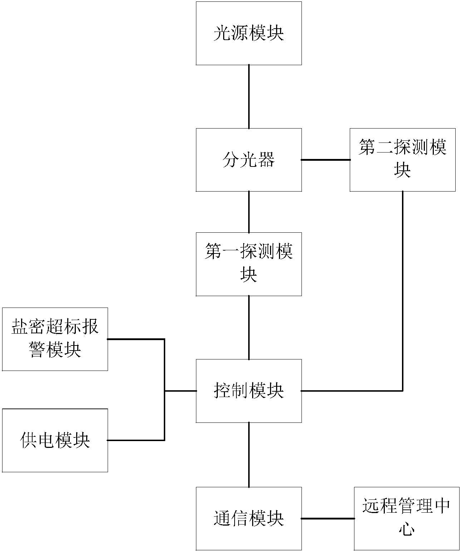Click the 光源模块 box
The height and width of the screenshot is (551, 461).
tap(249, 33)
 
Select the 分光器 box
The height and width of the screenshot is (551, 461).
tap(249, 160)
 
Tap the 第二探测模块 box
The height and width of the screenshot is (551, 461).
tap(402, 160)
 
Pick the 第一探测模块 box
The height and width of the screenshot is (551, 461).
tap(249, 264)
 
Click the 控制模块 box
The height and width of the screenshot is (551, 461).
tap(249, 391)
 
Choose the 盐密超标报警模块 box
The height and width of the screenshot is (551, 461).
tap(55, 339)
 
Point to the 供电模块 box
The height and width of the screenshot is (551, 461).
tap(55, 440)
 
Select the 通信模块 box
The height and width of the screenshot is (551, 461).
tap(249, 518)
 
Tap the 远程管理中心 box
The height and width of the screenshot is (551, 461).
tap(406, 518)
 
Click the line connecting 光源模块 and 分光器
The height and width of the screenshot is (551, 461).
tap(249, 97)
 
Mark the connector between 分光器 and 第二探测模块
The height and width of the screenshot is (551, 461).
tap(325, 160)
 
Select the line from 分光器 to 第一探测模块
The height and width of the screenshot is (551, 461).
tap(249, 212)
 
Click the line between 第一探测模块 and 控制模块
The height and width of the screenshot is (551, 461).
tap(249, 328)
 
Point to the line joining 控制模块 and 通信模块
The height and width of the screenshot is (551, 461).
tap(249, 455)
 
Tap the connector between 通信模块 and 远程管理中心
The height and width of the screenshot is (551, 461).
tap(328, 518)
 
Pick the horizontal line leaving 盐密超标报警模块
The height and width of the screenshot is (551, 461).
tap(136, 339)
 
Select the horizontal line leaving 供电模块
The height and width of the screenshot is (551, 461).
tap(136, 440)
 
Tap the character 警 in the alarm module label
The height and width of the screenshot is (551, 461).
tap(38, 349)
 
